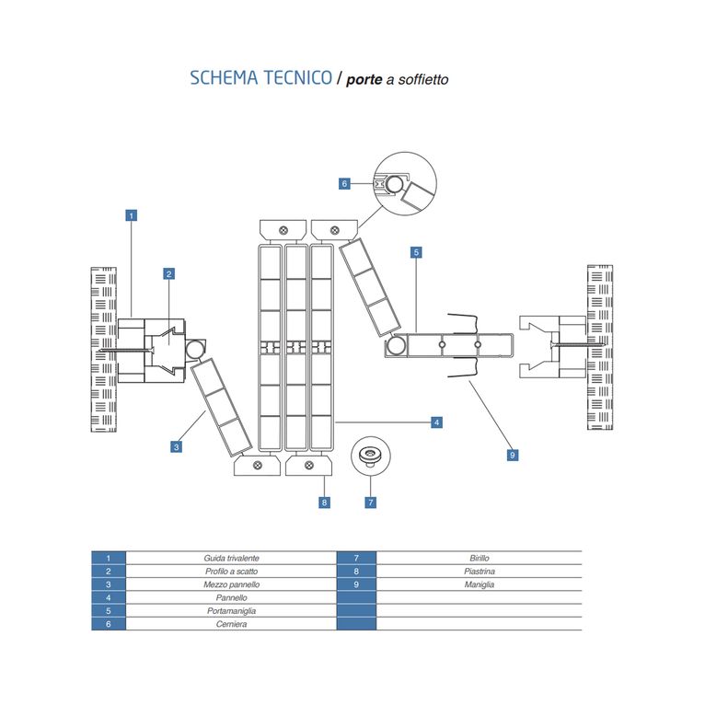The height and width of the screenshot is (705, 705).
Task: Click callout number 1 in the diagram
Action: (132, 216)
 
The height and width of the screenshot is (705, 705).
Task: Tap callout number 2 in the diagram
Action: (169, 273)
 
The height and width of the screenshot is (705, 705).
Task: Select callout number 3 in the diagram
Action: (176, 446)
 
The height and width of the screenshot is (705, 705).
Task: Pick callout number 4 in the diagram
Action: (437, 422)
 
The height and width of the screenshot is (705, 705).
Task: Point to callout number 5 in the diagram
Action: (416, 251)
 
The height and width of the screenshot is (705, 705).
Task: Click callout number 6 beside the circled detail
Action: (344, 184)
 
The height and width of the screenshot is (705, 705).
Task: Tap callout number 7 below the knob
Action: (370, 503)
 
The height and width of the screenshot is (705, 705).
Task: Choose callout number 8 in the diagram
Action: (325, 503)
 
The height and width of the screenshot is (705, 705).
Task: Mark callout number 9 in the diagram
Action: (513, 454)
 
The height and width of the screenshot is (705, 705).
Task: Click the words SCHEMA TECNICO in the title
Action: (261, 78)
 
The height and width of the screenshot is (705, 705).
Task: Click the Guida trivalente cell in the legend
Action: (231, 559)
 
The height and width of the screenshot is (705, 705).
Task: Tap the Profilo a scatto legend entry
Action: (231, 572)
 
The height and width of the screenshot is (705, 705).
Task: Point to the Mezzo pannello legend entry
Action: (231, 584)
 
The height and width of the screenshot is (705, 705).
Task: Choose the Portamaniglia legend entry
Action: (231, 611)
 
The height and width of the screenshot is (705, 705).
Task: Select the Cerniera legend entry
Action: (231, 624)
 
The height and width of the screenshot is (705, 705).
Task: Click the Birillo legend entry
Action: (479, 559)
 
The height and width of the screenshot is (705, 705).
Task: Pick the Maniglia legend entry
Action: (479, 584)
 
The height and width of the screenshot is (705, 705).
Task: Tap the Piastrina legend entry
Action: (479, 572)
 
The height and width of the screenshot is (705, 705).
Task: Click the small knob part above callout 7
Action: (370, 456)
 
